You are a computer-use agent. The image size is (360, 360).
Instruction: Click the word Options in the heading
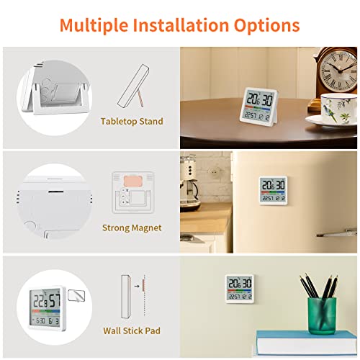click(264, 26)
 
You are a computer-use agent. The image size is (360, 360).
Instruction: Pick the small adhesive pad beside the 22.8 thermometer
click(75, 294)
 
